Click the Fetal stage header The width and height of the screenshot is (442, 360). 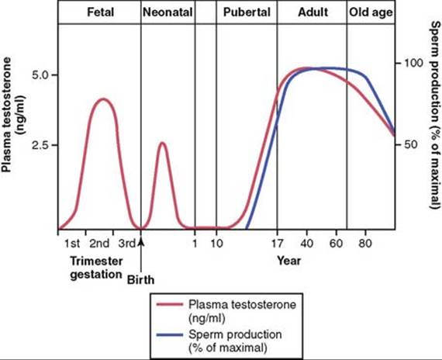point(100,12)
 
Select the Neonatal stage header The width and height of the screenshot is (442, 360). point(167,12)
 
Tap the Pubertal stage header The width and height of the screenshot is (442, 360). point(247,12)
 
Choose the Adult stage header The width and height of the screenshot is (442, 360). point(313,12)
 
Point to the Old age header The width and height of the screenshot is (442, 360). point(371,12)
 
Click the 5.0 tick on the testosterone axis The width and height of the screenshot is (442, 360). point(41,75)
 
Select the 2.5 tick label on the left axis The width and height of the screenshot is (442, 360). point(41,145)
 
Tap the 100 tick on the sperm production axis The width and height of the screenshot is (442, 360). point(414,63)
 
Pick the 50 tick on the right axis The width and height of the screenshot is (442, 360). point(411,144)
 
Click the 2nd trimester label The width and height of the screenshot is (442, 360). point(99,243)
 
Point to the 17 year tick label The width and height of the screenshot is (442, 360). point(277,243)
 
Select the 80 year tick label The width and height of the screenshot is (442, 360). point(365,243)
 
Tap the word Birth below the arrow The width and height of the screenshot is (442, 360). point(140,280)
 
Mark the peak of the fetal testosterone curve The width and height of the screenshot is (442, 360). point(103,99)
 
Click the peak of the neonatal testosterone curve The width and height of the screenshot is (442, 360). point(163,143)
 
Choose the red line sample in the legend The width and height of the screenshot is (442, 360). point(169,305)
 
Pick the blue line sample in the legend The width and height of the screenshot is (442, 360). point(169,335)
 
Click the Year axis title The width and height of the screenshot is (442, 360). point(289,261)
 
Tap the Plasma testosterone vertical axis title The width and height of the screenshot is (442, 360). point(13,115)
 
